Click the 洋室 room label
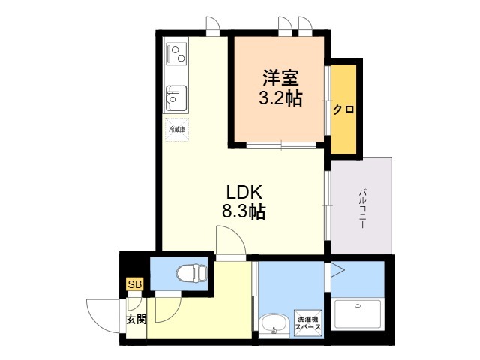(x=280, y=78)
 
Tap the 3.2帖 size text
(x=280, y=98)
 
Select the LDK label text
(x=244, y=193)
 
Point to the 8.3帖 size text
(x=244, y=211)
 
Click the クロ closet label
(x=343, y=109)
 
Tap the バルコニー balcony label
(x=363, y=208)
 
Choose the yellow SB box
(x=135, y=284)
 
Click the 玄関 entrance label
(x=136, y=319)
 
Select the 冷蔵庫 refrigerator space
(x=177, y=130)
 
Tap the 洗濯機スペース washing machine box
(x=308, y=323)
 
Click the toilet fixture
(x=192, y=271)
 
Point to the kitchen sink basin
(x=176, y=98)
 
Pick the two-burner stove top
(x=176, y=53)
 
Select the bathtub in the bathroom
(x=358, y=315)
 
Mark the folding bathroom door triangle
(x=338, y=270)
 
